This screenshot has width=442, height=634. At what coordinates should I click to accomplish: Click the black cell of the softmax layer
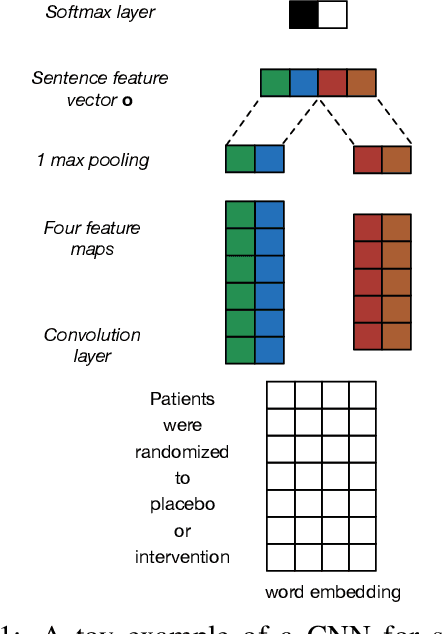click(304, 15)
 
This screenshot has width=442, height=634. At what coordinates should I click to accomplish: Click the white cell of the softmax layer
click(332, 15)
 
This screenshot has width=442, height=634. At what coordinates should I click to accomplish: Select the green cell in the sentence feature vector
click(275, 83)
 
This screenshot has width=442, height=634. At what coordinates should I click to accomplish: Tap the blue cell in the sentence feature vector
click(304, 83)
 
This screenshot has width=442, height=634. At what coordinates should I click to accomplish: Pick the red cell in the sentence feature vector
click(333, 83)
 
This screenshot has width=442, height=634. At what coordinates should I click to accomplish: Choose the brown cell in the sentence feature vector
click(362, 83)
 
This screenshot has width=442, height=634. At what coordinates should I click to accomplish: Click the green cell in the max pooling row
click(240, 160)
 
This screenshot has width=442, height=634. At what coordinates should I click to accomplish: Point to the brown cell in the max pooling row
click(397, 160)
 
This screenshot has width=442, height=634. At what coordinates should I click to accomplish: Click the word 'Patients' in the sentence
click(182, 399)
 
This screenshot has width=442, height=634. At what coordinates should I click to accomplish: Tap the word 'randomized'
click(182, 452)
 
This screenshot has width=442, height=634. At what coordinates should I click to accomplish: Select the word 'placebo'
click(182, 505)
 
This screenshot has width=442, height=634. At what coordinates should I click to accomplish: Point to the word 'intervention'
click(182, 557)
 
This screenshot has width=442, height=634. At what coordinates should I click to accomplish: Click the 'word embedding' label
click(333, 592)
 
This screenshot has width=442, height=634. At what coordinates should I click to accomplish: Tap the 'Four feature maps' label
click(91, 238)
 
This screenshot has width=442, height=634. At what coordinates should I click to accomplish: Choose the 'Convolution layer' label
click(92, 345)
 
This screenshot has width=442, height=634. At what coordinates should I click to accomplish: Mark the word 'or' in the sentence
click(182, 531)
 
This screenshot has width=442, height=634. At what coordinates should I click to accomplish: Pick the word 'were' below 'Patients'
click(182, 425)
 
